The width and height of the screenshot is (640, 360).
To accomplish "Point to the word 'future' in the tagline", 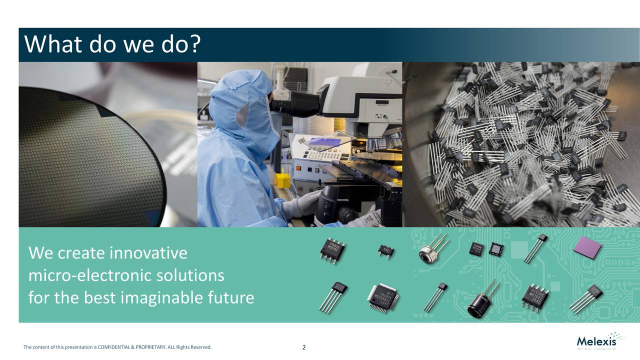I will (230, 298).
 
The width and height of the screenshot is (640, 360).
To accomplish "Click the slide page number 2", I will (304, 347).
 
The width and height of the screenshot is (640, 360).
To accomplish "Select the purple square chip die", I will (587, 247).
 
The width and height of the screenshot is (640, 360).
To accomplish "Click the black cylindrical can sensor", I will (478, 305).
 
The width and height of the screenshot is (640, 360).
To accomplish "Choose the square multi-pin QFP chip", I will (383, 297).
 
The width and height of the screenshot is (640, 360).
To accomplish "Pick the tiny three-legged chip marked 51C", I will (385, 248).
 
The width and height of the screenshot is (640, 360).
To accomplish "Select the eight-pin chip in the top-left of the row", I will (332, 248).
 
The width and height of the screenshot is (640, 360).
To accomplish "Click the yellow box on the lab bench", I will (283, 180).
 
